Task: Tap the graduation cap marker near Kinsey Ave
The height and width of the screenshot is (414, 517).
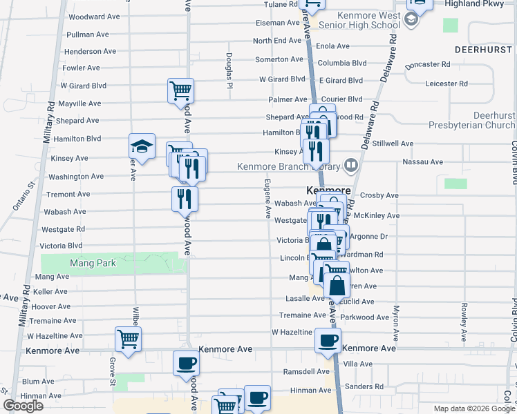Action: click(x=142, y=146)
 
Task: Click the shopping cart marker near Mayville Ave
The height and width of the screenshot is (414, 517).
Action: click(x=180, y=90)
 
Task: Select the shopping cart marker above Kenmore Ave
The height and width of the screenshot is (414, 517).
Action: click(x=129, y=339)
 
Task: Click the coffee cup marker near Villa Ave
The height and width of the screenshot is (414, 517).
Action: click(x=328, y=339)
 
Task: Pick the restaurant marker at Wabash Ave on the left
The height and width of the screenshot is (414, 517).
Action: click(x=185, y=199)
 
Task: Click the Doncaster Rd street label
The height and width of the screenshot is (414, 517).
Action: click(x=428, y=64)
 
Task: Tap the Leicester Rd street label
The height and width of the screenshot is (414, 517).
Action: click(x=446, y=83)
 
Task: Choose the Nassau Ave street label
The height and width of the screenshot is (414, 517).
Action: click(x=427, y=162)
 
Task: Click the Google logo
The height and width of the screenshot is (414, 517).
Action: click(x=22, y=406)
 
